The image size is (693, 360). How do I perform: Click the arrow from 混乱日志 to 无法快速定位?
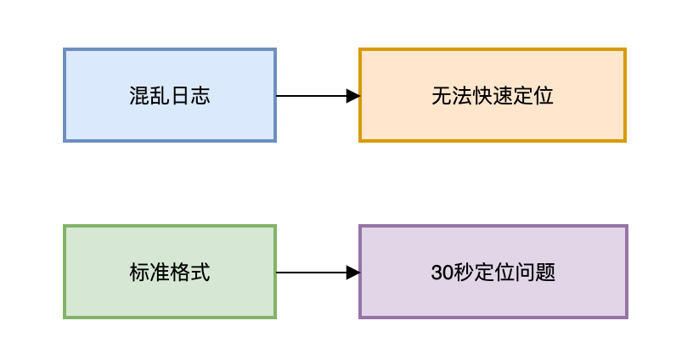coord(310,96)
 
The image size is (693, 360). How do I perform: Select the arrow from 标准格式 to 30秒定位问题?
coord(310,273)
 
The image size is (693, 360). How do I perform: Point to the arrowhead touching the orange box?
coord(353,96)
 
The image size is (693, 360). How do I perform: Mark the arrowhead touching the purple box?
coord(353,273)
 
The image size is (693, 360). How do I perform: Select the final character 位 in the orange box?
coord(544,96)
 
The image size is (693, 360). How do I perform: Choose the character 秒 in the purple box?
coord(464,273)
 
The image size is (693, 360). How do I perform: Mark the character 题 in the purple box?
coord(545,273)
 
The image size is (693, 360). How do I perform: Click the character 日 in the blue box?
coord(180,96)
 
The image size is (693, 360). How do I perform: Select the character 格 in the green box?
coord(180,273)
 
